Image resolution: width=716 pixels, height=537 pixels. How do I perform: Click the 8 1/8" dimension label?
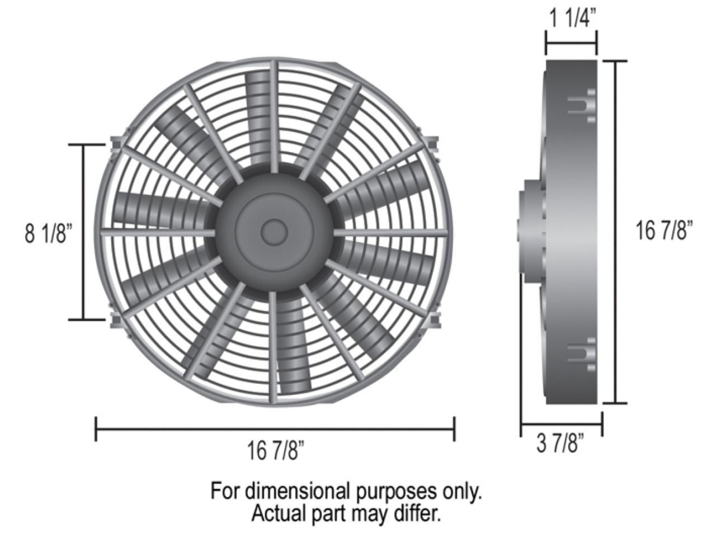(x=49, y=233)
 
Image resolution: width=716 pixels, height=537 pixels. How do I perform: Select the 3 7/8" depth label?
(x=560, y=445)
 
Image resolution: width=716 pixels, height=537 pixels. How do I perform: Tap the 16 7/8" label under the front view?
(x=275, y=451)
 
